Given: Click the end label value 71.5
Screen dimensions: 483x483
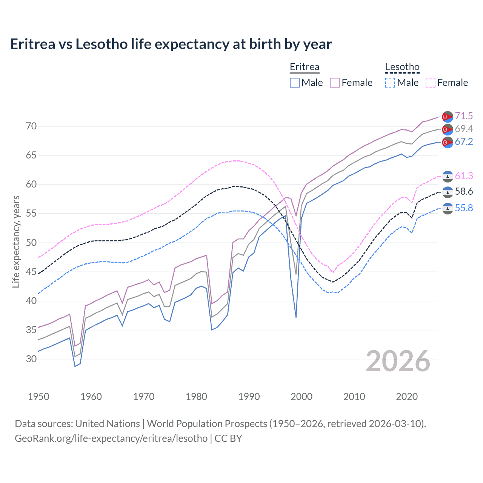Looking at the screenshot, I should (x=464, y=116).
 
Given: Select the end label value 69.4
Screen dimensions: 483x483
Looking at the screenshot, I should (x=464, y=129).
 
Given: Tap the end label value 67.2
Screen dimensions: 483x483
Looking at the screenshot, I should (x=464, y=142).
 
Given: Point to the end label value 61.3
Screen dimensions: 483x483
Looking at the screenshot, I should (x=464, y=176).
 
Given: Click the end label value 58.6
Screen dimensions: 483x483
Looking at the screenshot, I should (x=464, y=191).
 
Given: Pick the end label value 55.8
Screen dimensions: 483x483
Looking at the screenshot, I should (x=464, y=208).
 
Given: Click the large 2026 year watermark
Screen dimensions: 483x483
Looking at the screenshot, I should (x=398, y=361).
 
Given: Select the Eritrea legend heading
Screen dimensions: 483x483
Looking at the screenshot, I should (x=305, y=67).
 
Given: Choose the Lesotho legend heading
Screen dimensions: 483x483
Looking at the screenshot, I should (x=402, y=67).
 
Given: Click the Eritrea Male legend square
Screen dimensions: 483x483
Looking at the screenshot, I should (x=295, y=83).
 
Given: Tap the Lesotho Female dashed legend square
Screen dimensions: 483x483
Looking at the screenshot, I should (x=431, y=83).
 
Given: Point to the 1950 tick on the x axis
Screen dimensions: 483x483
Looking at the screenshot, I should (x=38, y=397).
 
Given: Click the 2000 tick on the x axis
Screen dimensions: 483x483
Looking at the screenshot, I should (x=301, y=397).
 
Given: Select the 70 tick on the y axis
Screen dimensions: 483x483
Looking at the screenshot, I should (x=31, y=126).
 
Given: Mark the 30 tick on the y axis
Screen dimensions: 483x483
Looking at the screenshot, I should (x=31, y=359).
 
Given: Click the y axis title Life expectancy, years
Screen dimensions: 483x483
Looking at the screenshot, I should (x=16, y=241).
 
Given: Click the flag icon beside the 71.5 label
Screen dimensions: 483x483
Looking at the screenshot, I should (x=448, y=117).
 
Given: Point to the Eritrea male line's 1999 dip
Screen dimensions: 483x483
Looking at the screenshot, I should (x=296, y=317).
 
